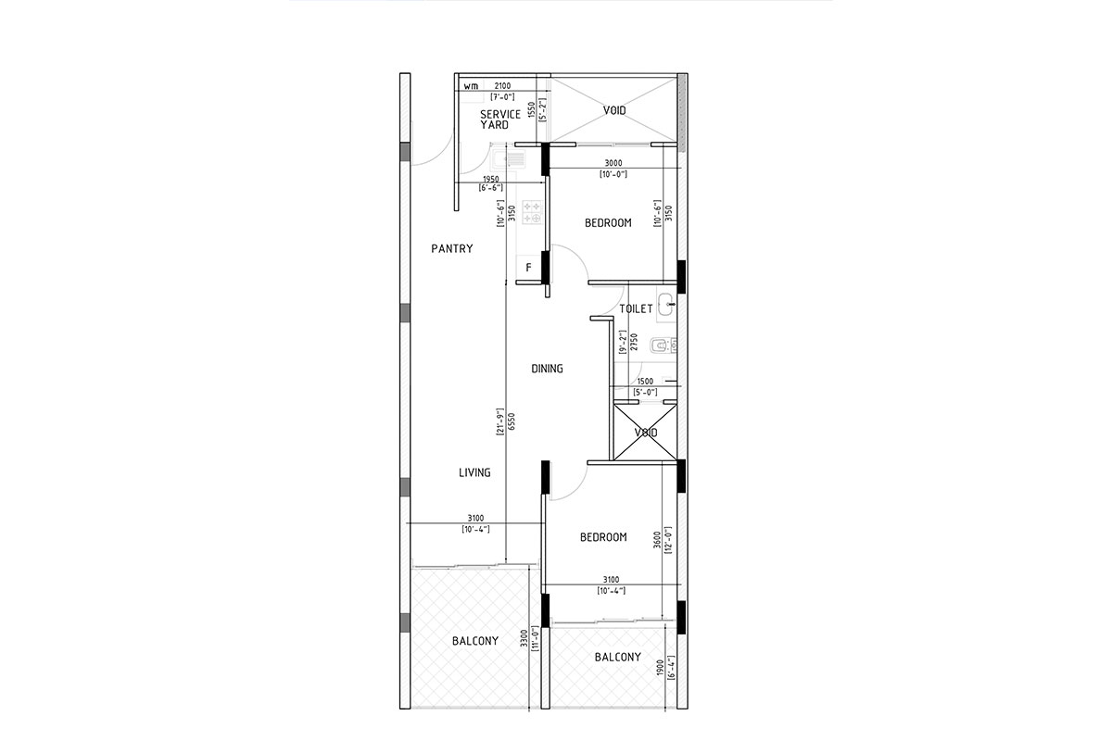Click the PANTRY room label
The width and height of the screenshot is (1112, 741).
click(x=452, y=248)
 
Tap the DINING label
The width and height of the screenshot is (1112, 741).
click(x=547, y=369)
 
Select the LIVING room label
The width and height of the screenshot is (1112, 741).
click(x=474, y=472)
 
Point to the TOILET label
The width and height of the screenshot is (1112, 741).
click(x=636, y=308)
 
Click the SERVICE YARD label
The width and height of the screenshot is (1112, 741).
click(x=499, y=119)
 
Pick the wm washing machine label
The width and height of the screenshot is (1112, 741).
click(x=471, y=86)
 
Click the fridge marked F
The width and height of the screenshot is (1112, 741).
click(x=529, y=268)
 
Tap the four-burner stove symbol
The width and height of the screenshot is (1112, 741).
click(x=532, y=212)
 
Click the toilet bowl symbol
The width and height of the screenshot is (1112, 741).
click(x=659, y=345)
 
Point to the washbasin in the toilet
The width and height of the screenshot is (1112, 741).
click(x=666, y=304)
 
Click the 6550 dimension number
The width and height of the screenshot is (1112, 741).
click(x=512, y=421)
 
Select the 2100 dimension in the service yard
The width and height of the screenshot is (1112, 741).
click(x=502, y=86)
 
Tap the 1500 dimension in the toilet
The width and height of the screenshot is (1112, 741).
click(x=645, y=382)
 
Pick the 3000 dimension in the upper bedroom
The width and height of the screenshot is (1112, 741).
click(x=613, y=163)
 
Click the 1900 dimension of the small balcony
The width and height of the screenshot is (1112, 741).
click(x=659, y=668)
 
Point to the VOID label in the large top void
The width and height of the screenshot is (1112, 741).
click(x=614, y=110)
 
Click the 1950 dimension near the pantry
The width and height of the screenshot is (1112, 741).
click(x=490, y=179)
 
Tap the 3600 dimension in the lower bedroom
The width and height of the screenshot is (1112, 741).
click(x=657, y=540)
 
